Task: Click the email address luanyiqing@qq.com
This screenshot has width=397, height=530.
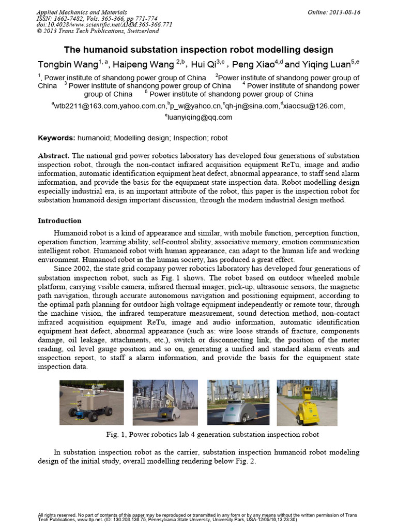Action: coord(199,117)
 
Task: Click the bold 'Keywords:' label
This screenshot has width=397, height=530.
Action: coord(57,138)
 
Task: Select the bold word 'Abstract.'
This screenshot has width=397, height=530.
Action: coord(54,156)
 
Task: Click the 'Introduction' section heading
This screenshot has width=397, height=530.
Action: coord(59,220)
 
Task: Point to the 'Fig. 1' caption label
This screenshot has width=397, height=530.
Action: coord(113,434)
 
